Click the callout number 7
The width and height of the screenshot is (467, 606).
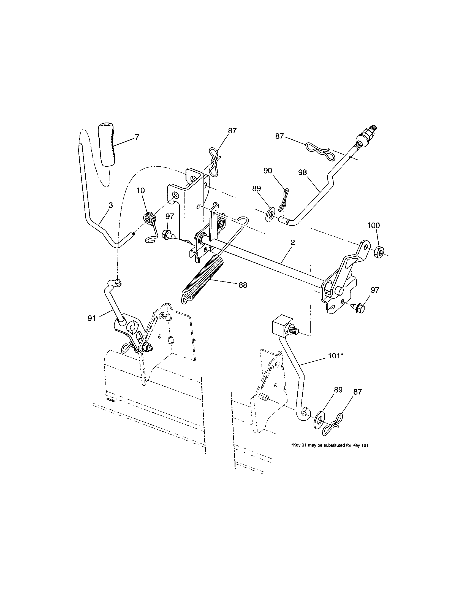[x=137, y=137]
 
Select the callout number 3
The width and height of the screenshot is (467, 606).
[x=111, y=205]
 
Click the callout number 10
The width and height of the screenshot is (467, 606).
[x=141, y=191]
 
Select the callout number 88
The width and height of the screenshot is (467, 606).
[x=243, y=285]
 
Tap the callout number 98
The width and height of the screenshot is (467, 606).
[x=303, y=172]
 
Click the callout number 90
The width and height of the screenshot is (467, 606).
[x=268, y=171]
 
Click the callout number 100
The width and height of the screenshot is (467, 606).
[x=374, y=225]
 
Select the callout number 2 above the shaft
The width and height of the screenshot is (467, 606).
[x=293, y=242]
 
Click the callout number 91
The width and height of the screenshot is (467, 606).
[x=91, y=318]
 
